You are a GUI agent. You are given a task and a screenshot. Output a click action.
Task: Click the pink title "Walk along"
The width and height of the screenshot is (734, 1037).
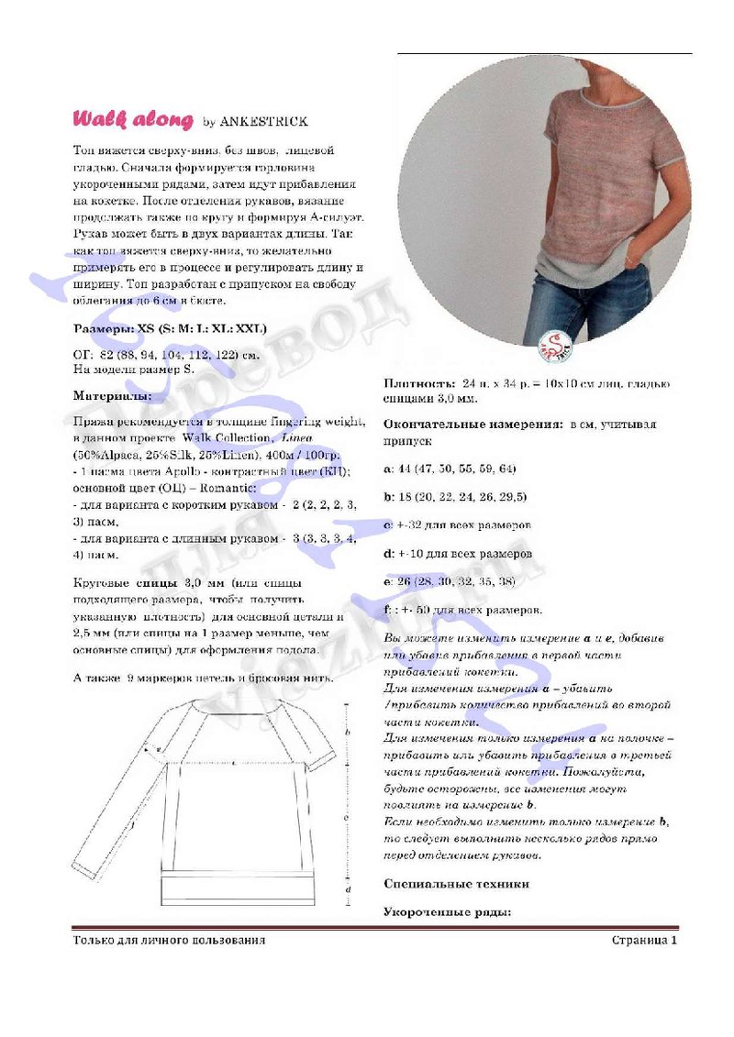(x=133, y=120)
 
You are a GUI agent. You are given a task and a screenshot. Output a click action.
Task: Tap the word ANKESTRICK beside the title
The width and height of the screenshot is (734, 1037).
(x=264, y=121)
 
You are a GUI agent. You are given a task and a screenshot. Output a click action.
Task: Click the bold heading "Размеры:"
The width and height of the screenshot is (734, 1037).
(x=103, y=327)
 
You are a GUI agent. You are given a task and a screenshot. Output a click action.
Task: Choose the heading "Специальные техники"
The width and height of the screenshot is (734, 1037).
(x=456, y=884)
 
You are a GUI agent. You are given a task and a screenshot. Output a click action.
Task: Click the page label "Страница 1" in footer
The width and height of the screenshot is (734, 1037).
(x=644, y=940)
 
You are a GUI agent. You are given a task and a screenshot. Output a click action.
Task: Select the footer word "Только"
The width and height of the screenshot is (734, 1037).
(x=93, y=940)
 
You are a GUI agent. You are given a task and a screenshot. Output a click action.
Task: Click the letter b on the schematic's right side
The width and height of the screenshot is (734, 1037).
(x=348, y=733)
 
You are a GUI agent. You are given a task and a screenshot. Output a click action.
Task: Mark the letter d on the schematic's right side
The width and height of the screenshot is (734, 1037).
(x=348, y=889)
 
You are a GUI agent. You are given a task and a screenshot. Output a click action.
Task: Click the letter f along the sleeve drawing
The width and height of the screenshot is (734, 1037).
(x=132, y=826)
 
